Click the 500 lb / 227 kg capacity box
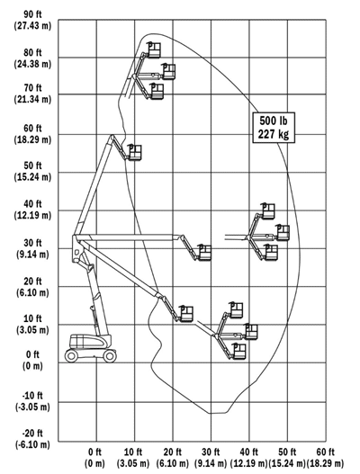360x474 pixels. click(x=274, y=127)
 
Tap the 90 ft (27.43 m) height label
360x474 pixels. click(x=32, y=20)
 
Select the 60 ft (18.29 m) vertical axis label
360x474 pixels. click(x=32, y=134)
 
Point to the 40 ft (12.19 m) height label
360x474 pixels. click(x=32, y=210)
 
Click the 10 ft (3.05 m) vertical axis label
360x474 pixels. click(x=32, y=324)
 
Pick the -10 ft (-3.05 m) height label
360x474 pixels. click(x=32, y=401)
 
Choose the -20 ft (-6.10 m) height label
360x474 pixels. click(x=32, y=439)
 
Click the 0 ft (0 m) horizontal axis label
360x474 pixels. click(x=95, y=458)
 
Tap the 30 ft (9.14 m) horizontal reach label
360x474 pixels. click(x=211, y=458)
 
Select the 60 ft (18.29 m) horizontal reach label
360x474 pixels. click(x=326, y=458)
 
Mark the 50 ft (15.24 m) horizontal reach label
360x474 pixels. click(x=287, y=458)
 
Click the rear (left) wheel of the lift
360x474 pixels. click(x=71, y=355)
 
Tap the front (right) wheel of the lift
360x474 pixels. click(x=110, y=356)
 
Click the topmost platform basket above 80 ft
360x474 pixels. click(x=154, y=50)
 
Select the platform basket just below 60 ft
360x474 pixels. click(x=135, y=152)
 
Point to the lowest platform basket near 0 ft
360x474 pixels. click(x=239, y=352)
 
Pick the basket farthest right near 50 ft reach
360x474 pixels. click(x=283, y=233)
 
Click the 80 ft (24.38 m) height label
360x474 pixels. click(x=32, y=58)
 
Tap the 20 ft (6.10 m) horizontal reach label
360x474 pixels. click(x=173, y=458)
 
